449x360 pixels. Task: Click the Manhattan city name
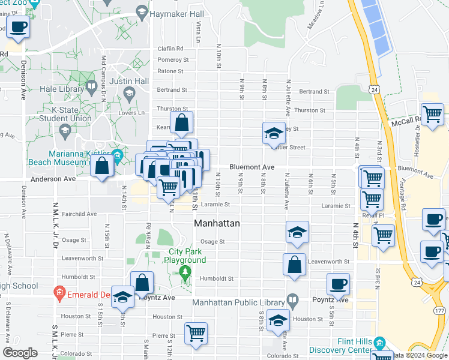pos(217,223)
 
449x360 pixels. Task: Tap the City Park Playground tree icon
pos(186,274)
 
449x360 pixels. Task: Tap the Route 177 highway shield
pos(441,310)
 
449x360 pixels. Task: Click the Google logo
pos(20,353)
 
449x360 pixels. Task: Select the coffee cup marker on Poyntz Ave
pos(339,283)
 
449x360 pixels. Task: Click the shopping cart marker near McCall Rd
pos(432,113)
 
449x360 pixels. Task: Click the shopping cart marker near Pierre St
pos(196,333)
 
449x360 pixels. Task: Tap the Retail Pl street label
pos(372,215)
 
